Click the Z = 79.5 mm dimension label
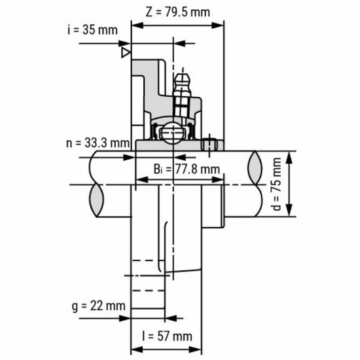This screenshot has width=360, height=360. [178, 11]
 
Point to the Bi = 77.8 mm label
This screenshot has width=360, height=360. [187, 170]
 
